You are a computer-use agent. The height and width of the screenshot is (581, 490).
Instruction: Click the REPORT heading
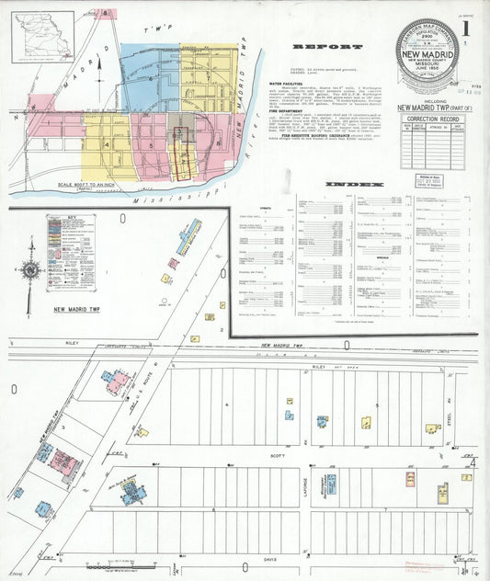313,46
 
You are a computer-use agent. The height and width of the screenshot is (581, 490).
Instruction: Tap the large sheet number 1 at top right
467,27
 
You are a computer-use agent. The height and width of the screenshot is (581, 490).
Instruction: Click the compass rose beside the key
30,270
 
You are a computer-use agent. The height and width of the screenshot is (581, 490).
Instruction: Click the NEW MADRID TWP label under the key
83,311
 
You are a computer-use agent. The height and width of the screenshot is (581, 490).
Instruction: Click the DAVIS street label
269,558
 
